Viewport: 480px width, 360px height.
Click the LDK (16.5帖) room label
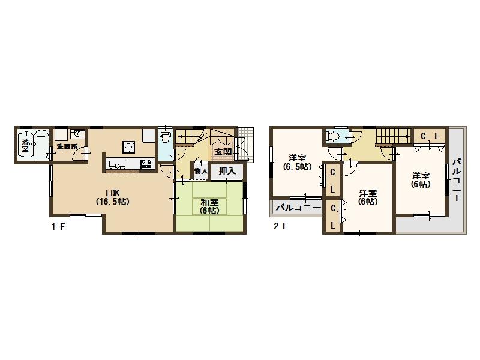click(112, 197)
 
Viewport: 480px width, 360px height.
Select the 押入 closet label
click(226, 171)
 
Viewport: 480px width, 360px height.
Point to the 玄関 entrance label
click(223, 152)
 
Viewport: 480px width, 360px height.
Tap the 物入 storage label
click(200, 171)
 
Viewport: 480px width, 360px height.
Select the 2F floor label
click(280, 227)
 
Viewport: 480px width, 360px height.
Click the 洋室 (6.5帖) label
click(297, 163)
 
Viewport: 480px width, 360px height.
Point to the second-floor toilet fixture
click(332, 137)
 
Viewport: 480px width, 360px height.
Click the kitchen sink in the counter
click(118, 164)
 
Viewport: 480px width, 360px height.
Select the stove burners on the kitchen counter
click(146, 164)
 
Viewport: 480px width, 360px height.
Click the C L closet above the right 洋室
click(430, 136)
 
